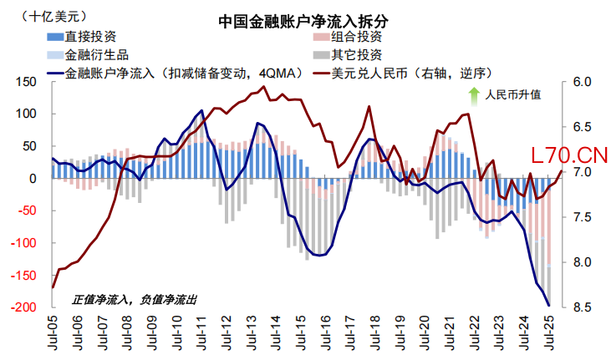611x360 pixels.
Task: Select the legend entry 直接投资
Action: (91, 37)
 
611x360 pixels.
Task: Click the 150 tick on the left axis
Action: (26, 82)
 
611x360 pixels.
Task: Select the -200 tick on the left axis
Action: (23, 307)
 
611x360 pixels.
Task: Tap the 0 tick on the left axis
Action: (34, 179)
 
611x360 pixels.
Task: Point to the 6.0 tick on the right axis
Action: (579, 82)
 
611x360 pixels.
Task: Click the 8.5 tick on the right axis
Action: (579, 307)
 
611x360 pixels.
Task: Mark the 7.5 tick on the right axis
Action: (579, 217)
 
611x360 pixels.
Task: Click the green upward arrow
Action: (474, 95)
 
